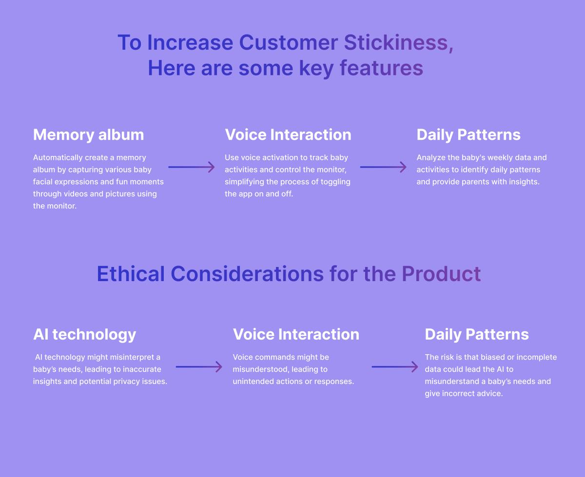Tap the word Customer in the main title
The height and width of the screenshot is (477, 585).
click(x=289, y=43)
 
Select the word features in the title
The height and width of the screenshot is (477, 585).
click(x=382, y=68)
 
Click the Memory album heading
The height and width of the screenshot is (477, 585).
click(x=89, y=134)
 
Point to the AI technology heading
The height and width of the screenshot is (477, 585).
click(x=85, y=335)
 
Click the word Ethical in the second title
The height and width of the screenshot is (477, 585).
click(x=131, y=274)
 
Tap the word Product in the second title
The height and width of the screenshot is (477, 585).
click(x=441, y=274)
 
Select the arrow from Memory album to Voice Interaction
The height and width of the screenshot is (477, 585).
click(x=192, y=167)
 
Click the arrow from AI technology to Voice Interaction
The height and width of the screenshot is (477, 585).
click(x=199, y=367)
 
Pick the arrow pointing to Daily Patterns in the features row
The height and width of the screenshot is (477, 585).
click(x=383, y=167)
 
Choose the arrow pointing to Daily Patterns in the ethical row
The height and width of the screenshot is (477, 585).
click(x=395, y=367)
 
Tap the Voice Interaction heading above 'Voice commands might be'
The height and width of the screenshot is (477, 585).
click(x=296, y=335)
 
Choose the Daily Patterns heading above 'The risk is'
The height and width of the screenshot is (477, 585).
click(x=477, y=335)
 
